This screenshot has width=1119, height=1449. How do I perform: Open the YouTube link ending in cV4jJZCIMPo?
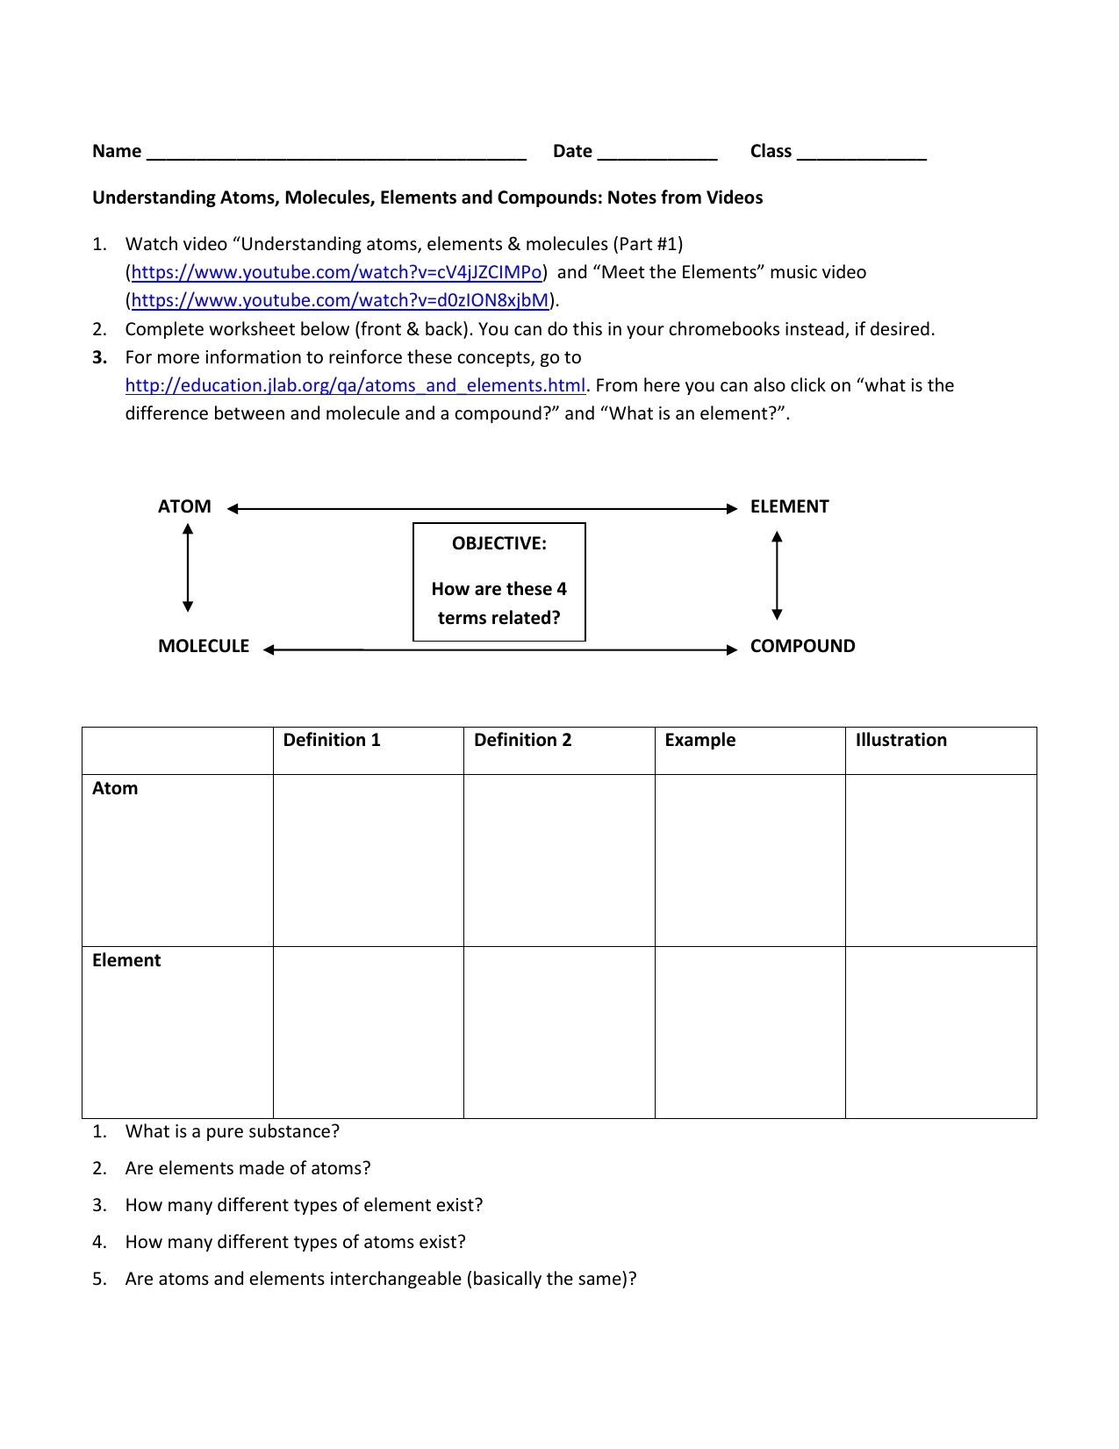coord(336,273)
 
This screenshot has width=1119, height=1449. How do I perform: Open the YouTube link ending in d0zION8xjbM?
coord(340,301)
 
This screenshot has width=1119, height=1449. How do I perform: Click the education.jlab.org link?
coord(355,386)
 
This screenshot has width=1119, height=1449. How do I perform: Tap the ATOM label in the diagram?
coord(184,507)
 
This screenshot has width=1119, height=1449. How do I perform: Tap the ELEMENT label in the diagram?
coord(789,507)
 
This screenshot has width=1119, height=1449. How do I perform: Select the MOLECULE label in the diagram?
coord(204,647)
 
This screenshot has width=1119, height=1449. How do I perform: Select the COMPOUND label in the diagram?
coord(802,647)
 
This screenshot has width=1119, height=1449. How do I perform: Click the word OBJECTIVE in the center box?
coord(499,544)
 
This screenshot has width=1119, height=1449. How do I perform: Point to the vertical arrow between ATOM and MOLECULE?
coord(188,568)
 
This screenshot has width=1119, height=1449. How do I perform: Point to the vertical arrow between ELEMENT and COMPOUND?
coord(777,575)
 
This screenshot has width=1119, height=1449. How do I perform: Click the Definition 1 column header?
coord(332,741)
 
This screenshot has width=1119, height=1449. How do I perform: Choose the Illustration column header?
coord(900,741)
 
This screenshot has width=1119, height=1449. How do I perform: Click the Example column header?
coord(699,741)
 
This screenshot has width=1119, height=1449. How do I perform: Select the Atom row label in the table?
coord(115,789)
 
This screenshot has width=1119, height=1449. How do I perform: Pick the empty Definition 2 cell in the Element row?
coord(559,1032)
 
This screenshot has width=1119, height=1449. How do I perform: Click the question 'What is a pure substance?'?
coord(232,1132)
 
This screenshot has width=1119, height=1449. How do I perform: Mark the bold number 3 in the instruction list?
coord(100,358)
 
